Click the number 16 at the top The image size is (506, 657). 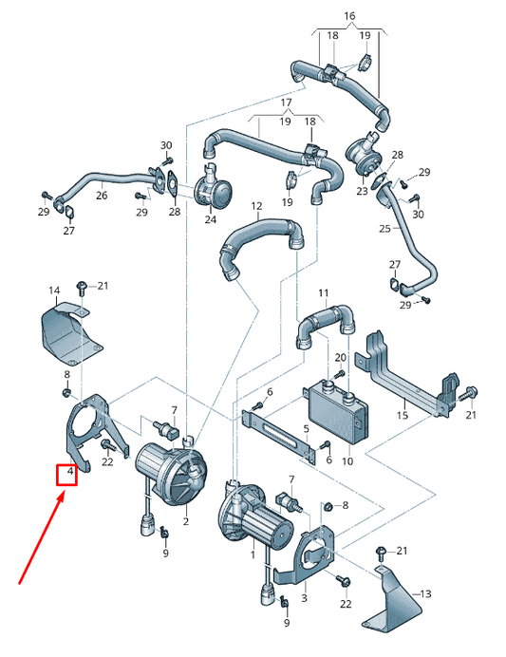coord(348,17)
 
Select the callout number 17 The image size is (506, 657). coord(285,102)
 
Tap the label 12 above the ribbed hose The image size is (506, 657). coord(257,206)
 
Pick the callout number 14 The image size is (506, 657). coord(54,290)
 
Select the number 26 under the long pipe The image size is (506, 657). coord(102,197)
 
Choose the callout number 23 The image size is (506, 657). coord(362,191)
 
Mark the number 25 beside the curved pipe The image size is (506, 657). coord(384,229)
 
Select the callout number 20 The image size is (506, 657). coord(340,357)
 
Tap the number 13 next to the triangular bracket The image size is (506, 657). coord(425,593)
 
